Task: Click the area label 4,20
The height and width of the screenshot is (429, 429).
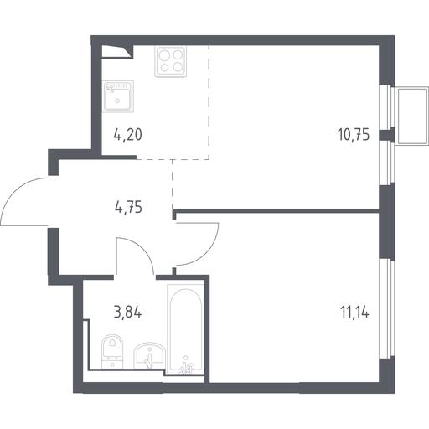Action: point(128,135)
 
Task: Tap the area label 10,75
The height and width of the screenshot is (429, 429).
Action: point(354,134)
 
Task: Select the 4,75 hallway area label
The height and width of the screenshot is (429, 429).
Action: point(128,208)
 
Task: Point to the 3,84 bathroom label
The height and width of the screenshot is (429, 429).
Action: point(127,313)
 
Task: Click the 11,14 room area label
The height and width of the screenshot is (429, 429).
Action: point(354,312)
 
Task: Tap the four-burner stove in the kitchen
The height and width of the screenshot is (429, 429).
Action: point(170,62)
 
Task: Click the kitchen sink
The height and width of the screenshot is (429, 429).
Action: point(118,96)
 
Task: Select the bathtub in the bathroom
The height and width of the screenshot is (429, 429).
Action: point(185,328)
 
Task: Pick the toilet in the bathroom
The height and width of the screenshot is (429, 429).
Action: point(112,352)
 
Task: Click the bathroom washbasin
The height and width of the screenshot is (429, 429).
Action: point(149,355)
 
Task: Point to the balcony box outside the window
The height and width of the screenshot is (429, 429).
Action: point(413,116)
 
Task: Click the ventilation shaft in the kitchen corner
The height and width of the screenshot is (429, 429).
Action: point(116,52)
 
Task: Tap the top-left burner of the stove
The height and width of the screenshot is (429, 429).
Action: point(163,55)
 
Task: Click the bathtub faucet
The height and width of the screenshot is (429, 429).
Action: point(187,367)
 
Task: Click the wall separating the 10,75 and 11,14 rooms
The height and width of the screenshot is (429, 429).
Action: point(276,211)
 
